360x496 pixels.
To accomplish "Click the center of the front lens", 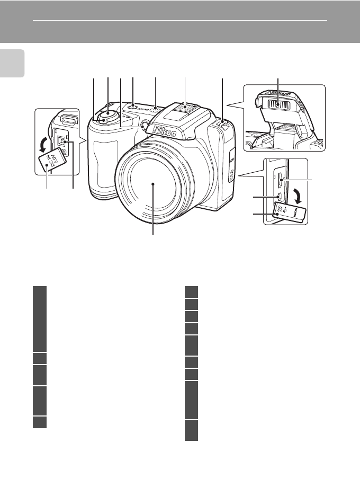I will tap(153, 183).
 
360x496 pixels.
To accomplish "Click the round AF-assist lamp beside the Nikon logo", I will tap(144, 125).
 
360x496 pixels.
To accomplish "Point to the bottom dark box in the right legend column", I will tap(191, 431).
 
